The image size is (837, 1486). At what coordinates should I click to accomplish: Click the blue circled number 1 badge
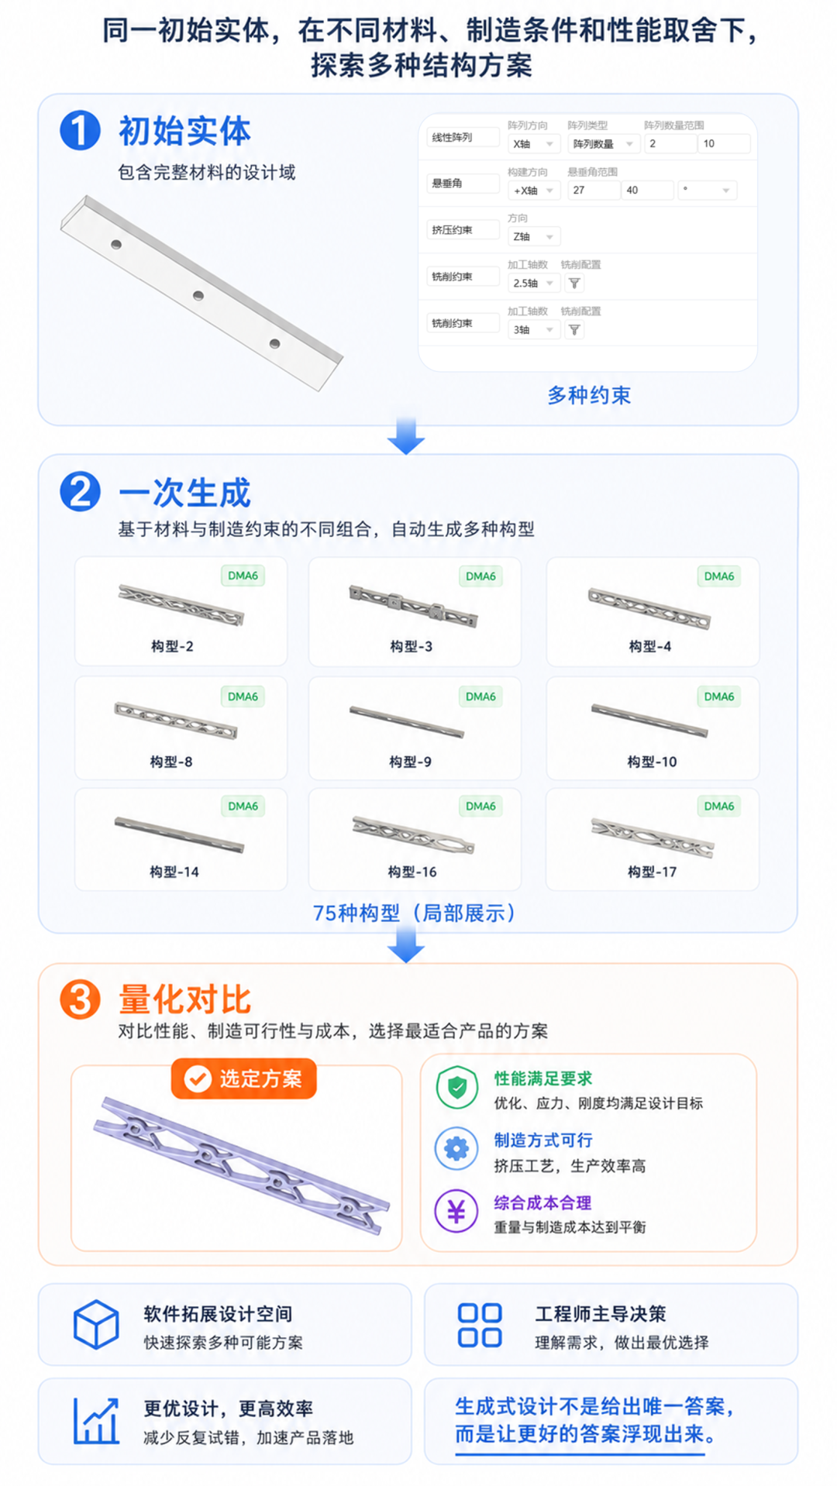point(80,130)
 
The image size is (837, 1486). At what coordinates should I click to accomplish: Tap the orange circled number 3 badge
point(80,999)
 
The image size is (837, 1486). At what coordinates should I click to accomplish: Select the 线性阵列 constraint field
point(463,137)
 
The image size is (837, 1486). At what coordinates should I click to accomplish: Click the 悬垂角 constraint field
point(463,184)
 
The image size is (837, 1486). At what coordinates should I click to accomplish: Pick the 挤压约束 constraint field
point(463,230)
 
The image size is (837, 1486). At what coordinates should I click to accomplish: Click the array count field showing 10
point(723,143)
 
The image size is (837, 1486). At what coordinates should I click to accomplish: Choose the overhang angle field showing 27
point(593,190)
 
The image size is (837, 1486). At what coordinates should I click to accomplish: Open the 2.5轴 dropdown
point(533,284)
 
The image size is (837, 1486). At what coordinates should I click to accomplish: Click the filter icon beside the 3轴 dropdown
point(574,330)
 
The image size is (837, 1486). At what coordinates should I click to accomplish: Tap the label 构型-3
point(411,646)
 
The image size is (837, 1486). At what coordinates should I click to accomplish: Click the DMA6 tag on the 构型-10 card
point(719,697)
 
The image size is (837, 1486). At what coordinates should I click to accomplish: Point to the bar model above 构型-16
point(413,835)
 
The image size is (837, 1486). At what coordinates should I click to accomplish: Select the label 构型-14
point(174,872)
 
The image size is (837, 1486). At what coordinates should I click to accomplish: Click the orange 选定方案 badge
point(244,1078)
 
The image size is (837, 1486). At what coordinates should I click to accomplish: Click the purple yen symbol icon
point(456,1211)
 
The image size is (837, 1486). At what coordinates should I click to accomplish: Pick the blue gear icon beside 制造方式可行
point(456,1148)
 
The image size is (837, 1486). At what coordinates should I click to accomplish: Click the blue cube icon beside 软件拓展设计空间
point(96,1324)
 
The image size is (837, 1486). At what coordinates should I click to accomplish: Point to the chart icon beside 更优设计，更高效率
point(96,1421)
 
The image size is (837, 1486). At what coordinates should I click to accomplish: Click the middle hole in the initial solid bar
point(198,295)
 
